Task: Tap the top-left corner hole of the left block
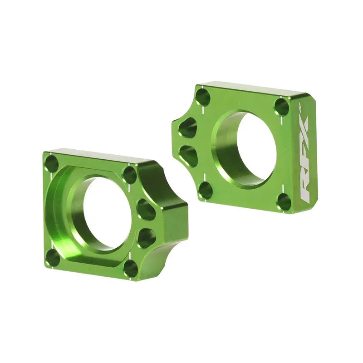coord(52,164)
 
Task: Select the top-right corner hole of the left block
coord(130,175)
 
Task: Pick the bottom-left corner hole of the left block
coord(53,258)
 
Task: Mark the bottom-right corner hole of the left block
coord(130,268)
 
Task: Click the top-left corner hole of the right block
coord(203,97)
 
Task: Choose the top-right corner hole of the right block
coord(281,107)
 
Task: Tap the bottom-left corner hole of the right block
coord(206,190)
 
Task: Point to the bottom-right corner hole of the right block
coord(284,201)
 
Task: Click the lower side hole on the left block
coord(146,237)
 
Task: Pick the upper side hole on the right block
coord(188,128)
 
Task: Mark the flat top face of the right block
coord(254,89)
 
